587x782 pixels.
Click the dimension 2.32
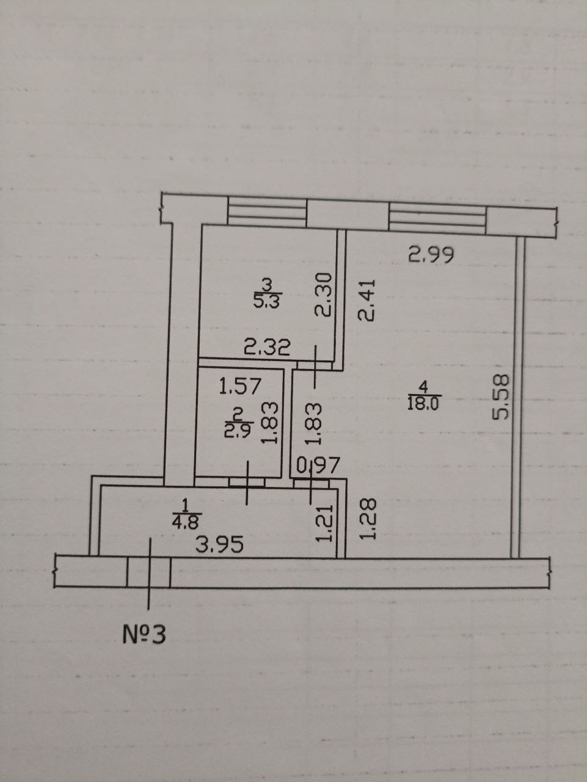click(x=266, y=349)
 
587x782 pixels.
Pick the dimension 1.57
click(x=240, y=386)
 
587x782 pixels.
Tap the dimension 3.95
click(x=219, y=544)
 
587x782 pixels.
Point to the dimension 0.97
click(x=317, y=467)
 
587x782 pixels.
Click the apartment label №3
click(x=144, y=634)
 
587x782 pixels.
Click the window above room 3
click(x=266, y=212)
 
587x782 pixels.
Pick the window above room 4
click(x=437, y=217)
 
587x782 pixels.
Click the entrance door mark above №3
click(x=149, y=572)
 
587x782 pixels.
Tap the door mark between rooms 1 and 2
click(x=247, y=482)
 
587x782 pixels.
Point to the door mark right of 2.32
click(x=315, y=366)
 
